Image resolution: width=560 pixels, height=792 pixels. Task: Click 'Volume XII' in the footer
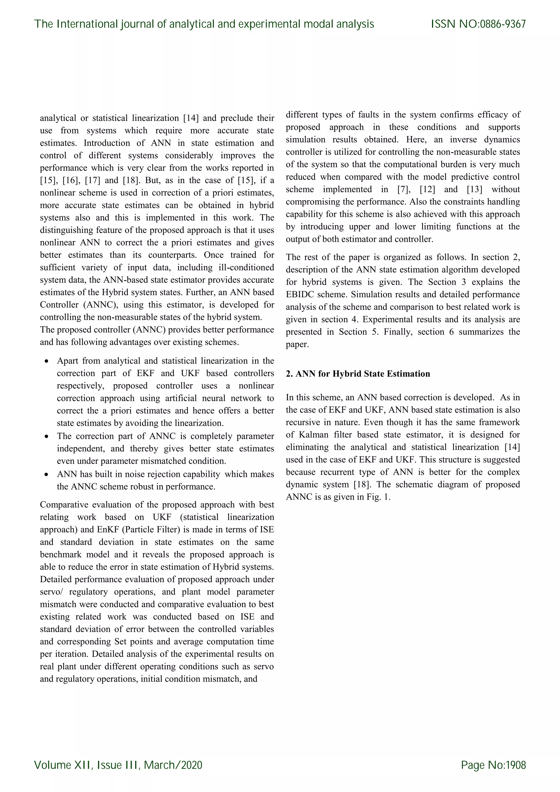pyautogui.click(x=63, y=765)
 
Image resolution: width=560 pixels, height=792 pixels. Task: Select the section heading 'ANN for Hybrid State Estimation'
pyautogui.click(x=363, y=374)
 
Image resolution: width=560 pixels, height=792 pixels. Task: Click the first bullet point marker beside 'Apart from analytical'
pyautogui.click(x=46, y=362)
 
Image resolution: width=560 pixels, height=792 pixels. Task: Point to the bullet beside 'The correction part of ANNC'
pyautogui.click(x=46, y=437)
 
